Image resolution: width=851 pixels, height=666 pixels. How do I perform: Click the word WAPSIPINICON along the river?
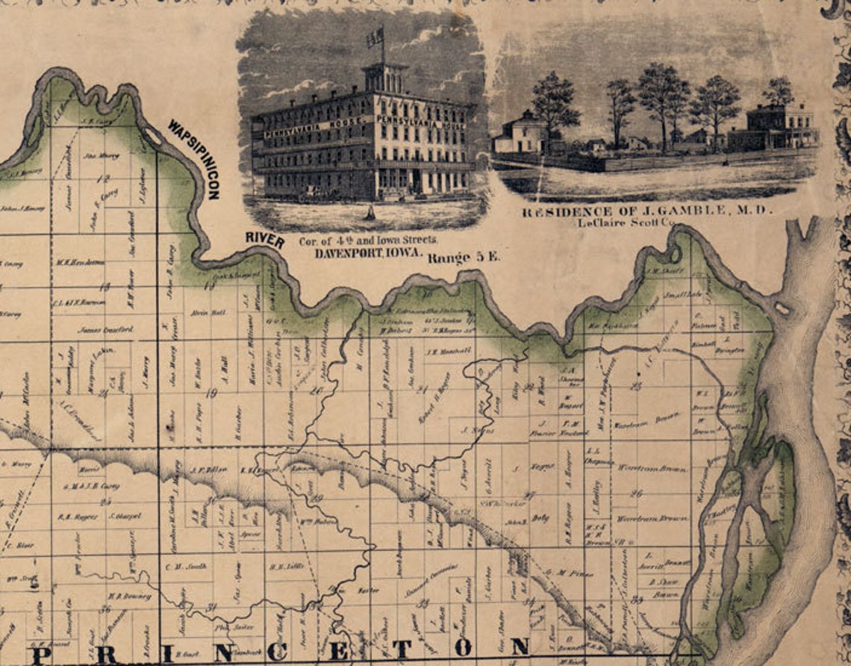pyautogui.click(x=193, y=158)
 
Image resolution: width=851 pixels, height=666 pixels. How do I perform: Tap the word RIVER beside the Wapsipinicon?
pyautogui.click(x=265, y=240)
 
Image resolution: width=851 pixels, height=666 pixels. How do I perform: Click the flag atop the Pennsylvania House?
pyautogui.click(x=375, y=37)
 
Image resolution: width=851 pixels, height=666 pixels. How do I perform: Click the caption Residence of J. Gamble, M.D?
pyautogui.click(x=647, y=211)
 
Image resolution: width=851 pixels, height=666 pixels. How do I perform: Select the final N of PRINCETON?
pyautogui.click(x=520, y=647)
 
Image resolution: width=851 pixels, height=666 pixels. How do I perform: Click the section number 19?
pyautogui.click(x=211, y=393)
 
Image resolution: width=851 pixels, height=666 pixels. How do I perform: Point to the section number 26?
pyautogui.click(x=637, y=493)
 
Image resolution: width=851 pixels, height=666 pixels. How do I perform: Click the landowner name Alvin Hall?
pyautogui.click(x=204, y=312)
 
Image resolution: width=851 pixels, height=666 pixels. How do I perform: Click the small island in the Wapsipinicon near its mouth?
pyautogui.click(x=782, y=308)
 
